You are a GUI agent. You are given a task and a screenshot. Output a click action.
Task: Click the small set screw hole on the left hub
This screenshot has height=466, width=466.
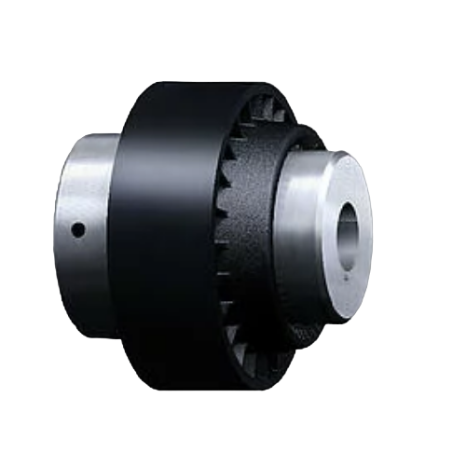79,227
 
